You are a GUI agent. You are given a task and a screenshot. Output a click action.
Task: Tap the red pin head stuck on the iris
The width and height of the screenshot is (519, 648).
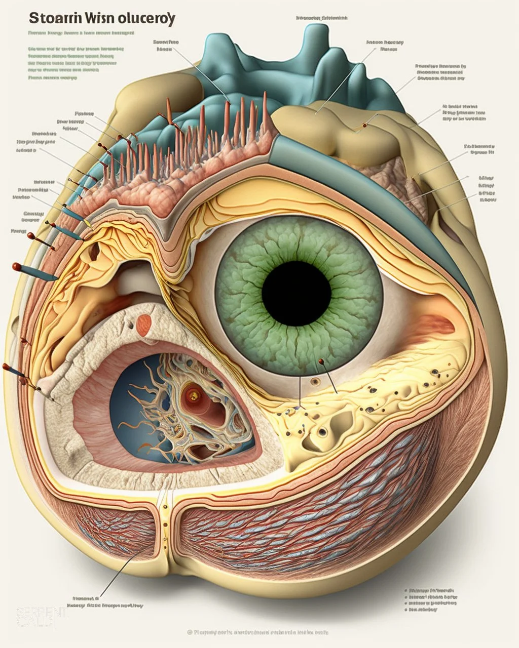click(x=321, y=361)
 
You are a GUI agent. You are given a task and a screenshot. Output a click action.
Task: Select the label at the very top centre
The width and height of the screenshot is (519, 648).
click(x=322, y=18)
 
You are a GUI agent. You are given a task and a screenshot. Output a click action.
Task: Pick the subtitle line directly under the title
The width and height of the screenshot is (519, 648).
click(x=81, y=33)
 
